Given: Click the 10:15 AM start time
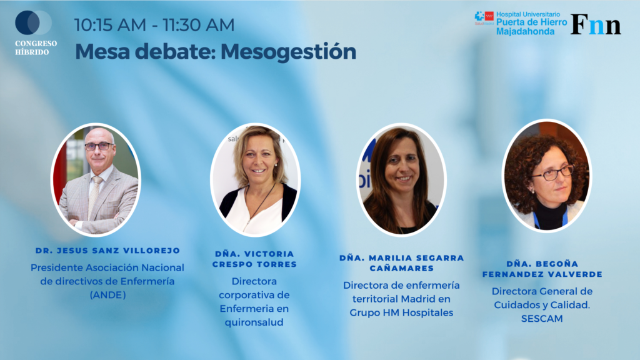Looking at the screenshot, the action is pyautogui.click(x=110, y=25).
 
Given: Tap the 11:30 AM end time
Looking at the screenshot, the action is pyautogui.click(x=198, y=25).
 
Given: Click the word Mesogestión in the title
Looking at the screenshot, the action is pyautogui.click(x=288, y=52).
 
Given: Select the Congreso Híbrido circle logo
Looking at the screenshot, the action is pyautogui.click(x=34, y=22).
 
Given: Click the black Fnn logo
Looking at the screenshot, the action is pyautogui.click(x=596, y=24).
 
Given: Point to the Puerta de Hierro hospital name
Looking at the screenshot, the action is pyautogui.click(x=531, y=22).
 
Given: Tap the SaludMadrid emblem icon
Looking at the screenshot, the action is pyautogui.click(x=484, y=17).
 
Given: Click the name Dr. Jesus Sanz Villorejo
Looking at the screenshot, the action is pyautogui.click(x=107, y=251).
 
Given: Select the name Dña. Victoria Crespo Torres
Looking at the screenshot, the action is pyautogui.click(x=254, y=259).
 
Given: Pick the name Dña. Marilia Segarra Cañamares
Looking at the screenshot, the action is pyautogui.click(x=402, y=263).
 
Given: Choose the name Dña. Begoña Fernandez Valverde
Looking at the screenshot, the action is pyautogui.click(x=542, y=269).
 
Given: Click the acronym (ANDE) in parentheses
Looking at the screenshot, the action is pyautogui.click(x=107, y=295).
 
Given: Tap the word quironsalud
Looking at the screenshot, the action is pyautogui.click(x=254, y=322).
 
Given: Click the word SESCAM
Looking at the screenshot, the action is pyautogui.click(x=542, y=318).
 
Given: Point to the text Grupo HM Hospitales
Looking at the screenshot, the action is pyautogui.click(x=401, y=312).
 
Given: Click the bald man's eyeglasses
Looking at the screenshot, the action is pyautogui.click(x=99, y=146).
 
